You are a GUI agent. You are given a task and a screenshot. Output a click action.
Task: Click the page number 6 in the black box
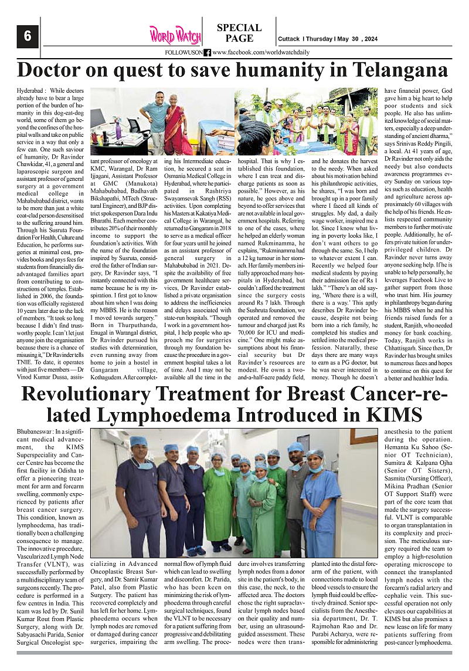click(27, 36)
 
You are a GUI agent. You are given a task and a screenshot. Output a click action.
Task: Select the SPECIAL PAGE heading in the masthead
click(239, 33)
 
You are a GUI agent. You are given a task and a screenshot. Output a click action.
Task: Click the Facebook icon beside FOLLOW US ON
click(208, 53)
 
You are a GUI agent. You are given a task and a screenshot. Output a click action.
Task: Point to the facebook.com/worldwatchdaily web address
click(261, 53)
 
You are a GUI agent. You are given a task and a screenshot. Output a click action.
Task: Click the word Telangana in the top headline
click(395, 70)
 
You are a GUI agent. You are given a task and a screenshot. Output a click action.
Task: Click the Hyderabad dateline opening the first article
click(30, 90)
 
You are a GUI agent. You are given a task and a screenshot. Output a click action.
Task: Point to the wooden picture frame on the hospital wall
click(363, 437)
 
